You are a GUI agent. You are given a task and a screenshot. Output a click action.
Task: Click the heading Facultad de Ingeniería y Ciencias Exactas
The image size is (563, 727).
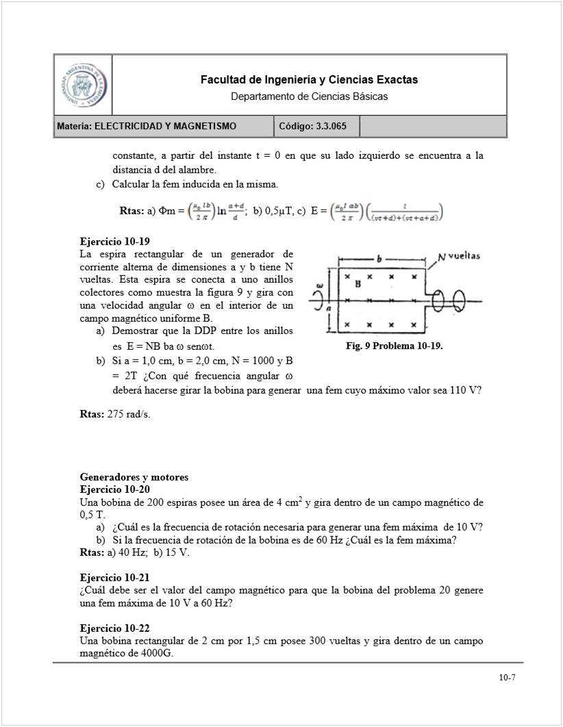coord(309,80)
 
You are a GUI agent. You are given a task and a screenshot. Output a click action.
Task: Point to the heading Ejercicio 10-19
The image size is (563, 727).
coord(114,242)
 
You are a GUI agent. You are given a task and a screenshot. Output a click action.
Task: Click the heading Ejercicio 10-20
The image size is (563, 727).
coord(114,489)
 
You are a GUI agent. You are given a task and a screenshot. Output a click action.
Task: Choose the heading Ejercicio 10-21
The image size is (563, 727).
coord(114,578)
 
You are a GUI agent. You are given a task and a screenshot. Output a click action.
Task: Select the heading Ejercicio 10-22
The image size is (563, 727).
coord(114,628)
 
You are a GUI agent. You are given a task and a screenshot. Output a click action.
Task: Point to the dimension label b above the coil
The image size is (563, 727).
coord(379,259)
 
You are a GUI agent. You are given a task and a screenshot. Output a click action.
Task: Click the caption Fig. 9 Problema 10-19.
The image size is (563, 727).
coord(395,346)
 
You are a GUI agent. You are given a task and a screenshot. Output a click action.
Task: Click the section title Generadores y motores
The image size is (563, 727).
coord(134,477)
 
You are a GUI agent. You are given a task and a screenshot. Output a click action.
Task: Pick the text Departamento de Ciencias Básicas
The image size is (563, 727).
coord(309,97)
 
